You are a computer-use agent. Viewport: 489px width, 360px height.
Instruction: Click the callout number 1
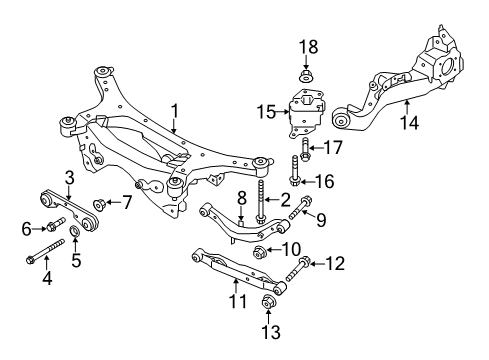175,111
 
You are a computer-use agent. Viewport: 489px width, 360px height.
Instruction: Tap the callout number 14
409,122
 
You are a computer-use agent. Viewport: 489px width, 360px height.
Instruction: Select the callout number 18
308,47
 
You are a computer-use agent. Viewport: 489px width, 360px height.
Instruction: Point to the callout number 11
238,301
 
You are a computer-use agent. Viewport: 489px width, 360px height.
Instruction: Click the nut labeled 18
305,76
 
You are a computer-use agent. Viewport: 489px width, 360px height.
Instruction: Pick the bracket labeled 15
306,113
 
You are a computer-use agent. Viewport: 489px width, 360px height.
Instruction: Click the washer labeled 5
74,231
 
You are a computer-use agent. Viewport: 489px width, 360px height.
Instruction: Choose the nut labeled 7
99,204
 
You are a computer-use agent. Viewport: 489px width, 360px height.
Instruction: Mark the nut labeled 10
260,252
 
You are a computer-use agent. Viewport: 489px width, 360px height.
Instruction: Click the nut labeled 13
268,302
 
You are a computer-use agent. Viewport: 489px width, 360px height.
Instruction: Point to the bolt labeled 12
298,269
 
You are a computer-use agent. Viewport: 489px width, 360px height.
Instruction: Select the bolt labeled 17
305,149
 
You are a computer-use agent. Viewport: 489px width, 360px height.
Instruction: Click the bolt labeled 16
295,171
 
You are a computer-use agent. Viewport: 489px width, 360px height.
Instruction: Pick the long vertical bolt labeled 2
260,201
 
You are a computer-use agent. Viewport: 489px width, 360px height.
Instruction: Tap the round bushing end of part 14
341,119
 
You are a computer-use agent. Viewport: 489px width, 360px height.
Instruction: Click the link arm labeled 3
69,209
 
